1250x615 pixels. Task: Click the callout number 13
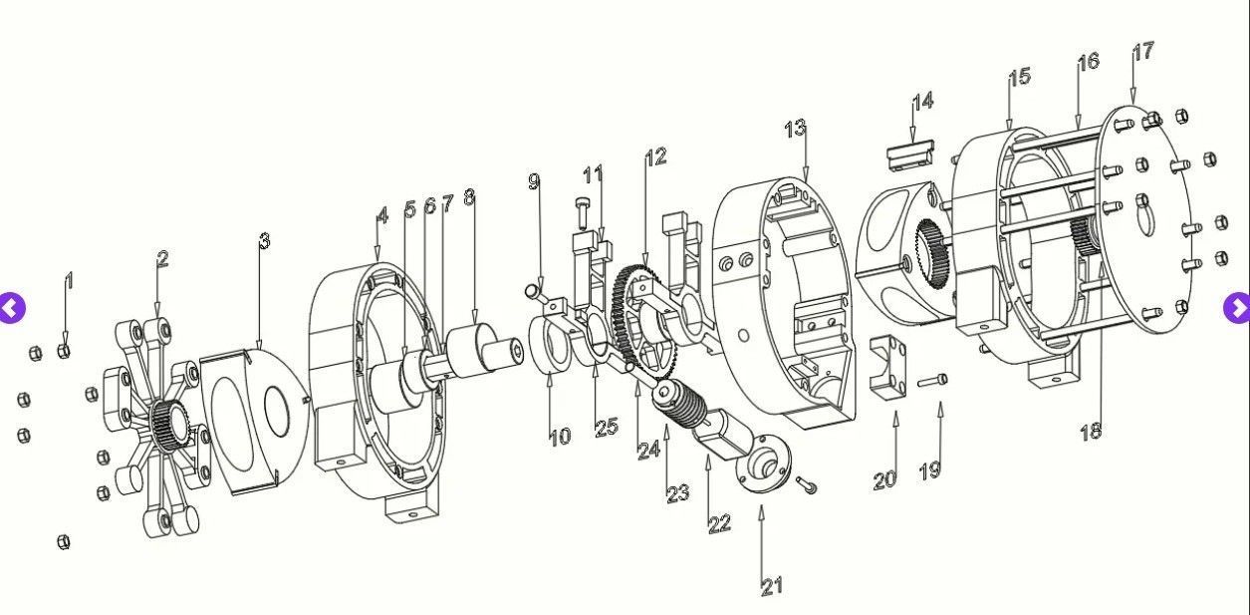(794, 129)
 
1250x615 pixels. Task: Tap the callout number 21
(772, 586)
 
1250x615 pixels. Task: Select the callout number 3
(263, 240)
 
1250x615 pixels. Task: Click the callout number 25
(606, 428)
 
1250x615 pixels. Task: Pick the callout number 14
(922, 101)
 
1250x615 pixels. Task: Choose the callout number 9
(534, 180)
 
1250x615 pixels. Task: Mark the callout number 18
(1091, 431)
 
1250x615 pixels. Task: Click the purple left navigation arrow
(11, 308)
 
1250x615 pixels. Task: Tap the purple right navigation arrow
(1237, 308)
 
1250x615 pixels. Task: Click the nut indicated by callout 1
(64, 349)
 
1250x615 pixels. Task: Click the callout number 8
(469, 197)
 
